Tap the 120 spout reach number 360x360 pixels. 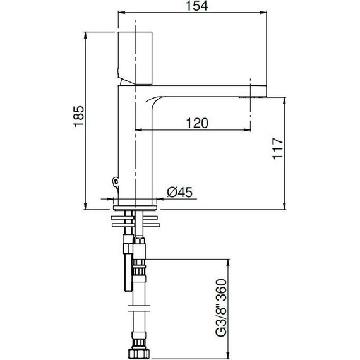(197, 123)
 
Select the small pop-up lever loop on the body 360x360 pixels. (114, 183)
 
